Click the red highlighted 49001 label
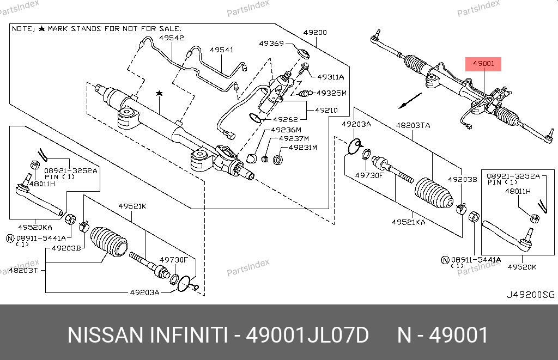click(483, 64)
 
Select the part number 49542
click(171, 38)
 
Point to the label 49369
click(271, 43)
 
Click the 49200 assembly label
click(315, 33)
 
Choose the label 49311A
click(330, 77)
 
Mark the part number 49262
click(285, 120)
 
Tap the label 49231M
click(302, 148)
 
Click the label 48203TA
click(413, 125)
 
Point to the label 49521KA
click(409, 222)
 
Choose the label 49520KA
click(35, 227)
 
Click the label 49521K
click(132, 206)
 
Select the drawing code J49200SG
click(530, 295)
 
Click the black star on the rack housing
click(159, 94)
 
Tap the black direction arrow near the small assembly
click(410, 101)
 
